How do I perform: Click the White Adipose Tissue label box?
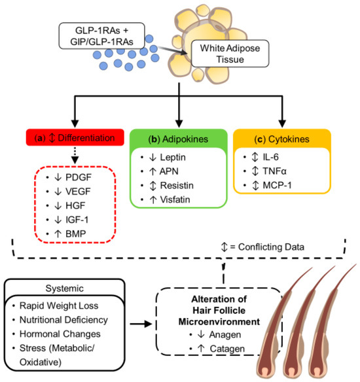230,54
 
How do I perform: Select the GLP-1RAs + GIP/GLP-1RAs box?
101,36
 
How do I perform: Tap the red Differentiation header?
75,137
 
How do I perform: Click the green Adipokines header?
179,139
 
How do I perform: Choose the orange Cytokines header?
282,139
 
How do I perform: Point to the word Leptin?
173,158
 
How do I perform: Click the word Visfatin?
175,200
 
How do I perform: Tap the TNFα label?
274,171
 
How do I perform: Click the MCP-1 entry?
277,185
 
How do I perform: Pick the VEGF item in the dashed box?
78,192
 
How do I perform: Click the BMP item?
75,234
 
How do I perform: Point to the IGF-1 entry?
77,220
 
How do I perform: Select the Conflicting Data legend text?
271,247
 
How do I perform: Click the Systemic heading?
65,288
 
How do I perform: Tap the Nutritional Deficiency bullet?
63,320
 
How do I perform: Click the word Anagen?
225,335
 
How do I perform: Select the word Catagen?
227,349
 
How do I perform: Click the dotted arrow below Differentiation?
75,155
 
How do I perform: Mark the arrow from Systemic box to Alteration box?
141,324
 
